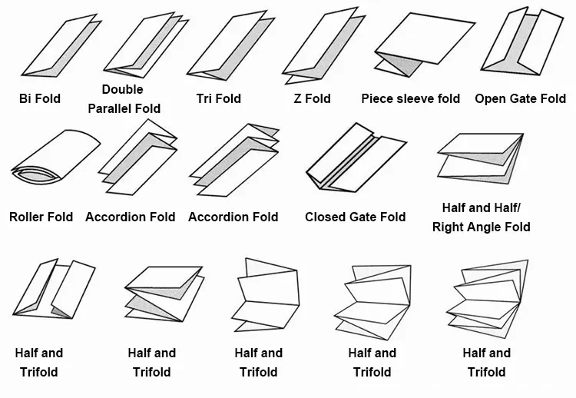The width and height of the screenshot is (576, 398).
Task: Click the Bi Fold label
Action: pos(39,98)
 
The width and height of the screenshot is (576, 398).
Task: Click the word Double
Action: pos(123,90)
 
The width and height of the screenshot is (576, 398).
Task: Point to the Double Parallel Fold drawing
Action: pos(149,45)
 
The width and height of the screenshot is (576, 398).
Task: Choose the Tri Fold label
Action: pos(218,98)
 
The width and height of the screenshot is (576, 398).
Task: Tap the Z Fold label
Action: pos(312,98)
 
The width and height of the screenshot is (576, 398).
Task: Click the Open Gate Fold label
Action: pos(520,98)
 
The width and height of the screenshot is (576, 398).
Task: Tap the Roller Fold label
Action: pos(41,217)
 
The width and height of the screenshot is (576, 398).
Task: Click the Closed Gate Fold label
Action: pos(355,217)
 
